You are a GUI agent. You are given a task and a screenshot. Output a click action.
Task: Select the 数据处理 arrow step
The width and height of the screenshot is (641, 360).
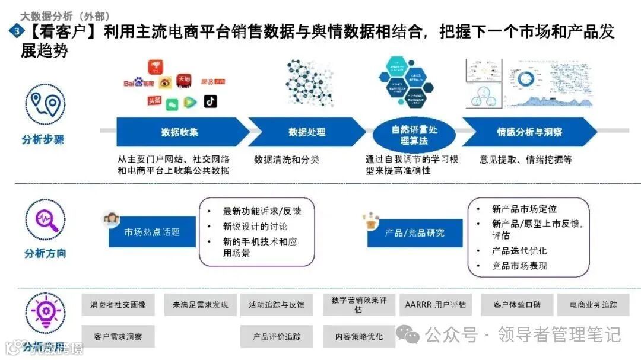click(306, 132)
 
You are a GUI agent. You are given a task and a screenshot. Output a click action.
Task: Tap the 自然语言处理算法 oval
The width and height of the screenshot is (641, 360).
click(414, 135)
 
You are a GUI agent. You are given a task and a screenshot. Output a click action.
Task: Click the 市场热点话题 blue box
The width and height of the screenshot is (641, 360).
click(152, 232)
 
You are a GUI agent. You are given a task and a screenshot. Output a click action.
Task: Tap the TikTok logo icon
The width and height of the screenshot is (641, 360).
click(210, 101)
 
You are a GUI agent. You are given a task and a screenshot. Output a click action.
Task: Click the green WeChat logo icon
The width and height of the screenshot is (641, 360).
click(172, 104)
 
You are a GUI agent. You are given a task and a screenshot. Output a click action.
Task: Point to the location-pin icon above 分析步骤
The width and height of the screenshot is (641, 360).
click(46, 104)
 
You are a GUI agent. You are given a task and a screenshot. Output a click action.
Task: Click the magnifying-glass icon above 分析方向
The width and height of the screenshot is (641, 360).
click(46, 218)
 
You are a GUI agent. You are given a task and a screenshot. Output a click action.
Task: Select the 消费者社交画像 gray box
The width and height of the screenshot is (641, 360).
click(118, 305)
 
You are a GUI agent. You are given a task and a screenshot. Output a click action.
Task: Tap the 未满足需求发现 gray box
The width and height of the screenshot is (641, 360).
click(200, 305)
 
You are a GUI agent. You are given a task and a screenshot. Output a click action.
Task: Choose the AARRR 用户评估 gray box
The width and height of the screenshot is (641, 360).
click(435, 305)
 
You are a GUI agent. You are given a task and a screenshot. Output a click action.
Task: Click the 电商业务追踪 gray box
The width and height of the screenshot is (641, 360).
click(594, 305)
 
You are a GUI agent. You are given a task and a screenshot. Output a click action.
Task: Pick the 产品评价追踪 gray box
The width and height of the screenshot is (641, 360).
click(277, 336)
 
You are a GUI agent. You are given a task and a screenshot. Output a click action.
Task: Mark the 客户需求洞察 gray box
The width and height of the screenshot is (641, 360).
click(118, 336)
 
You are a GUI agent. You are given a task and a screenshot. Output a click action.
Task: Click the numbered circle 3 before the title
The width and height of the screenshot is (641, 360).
click(13, 31)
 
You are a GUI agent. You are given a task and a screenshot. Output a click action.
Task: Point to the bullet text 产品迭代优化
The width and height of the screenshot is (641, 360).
click(519, 251)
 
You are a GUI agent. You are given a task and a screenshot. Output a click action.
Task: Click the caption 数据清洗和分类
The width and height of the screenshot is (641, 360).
click(287, 160)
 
